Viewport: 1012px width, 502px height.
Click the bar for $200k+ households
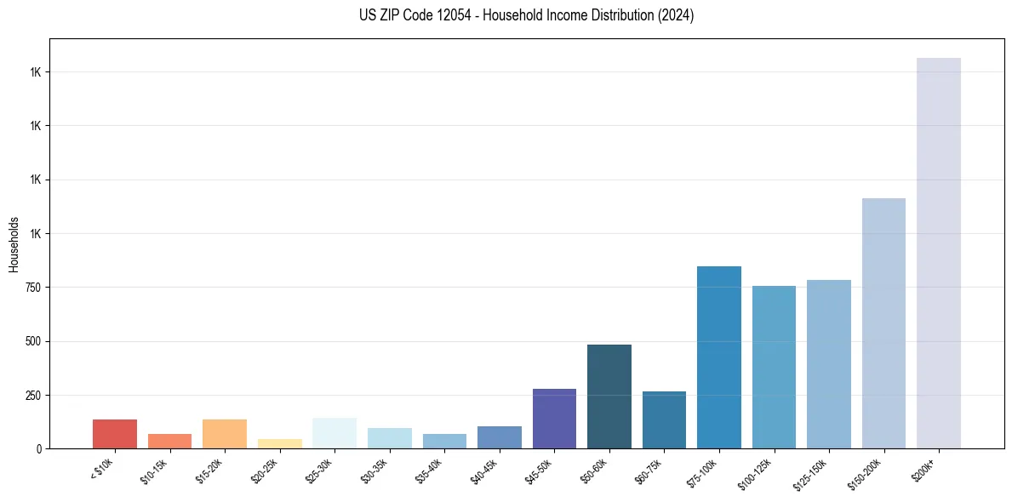coord(938,253)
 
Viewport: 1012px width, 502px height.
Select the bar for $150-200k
coord(883,323)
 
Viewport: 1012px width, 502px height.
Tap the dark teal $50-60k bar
coord(609,396)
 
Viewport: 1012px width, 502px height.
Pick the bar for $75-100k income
coord(718,357)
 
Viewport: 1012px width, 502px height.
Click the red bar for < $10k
coord(115,434)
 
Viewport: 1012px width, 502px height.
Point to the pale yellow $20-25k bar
coord(279,443)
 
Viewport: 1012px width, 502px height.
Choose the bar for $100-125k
coord(774,367)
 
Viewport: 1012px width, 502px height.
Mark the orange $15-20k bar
coord(225,434)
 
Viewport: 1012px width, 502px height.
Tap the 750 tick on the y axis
coord(32,288)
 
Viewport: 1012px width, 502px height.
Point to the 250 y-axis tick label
coord(32,396)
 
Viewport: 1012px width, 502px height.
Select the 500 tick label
coord(32,341)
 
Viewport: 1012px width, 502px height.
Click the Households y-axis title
coord(14,243)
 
